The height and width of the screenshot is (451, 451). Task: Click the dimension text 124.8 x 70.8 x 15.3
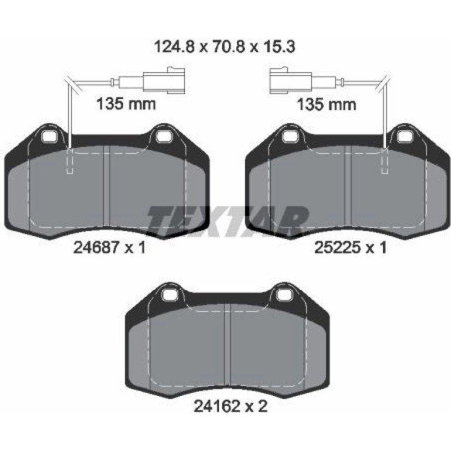[225, 47]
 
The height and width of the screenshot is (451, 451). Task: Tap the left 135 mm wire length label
[126, 104]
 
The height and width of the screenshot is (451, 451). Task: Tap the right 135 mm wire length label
[326, 104]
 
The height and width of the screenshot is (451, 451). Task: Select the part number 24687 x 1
[110, 247]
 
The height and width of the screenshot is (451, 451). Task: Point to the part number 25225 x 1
[351, 247]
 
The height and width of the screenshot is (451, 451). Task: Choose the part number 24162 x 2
[230, 406]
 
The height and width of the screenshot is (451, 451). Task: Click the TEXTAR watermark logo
[227, 220]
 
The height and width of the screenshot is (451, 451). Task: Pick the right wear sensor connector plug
[291, 80]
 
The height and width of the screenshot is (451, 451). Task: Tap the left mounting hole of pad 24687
[49, 136]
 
